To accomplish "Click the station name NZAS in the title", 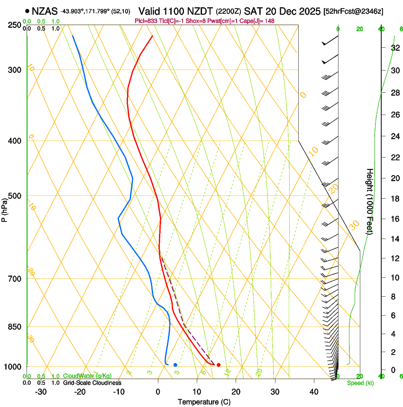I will (x=45, y=11).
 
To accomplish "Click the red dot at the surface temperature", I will (x=219, y=365).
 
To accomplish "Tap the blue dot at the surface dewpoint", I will (x=175, y=365).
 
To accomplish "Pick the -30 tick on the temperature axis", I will (x=41, y=392).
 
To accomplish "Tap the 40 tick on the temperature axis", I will (x=314, y=392).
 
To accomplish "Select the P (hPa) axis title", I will (x=5, y=209).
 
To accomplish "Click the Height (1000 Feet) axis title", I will (x=370, y=201).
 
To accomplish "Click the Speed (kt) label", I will (x=360, y=383).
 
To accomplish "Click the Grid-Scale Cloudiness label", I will (x=92, y=382).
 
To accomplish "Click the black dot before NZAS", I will (x=27, y=11).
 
